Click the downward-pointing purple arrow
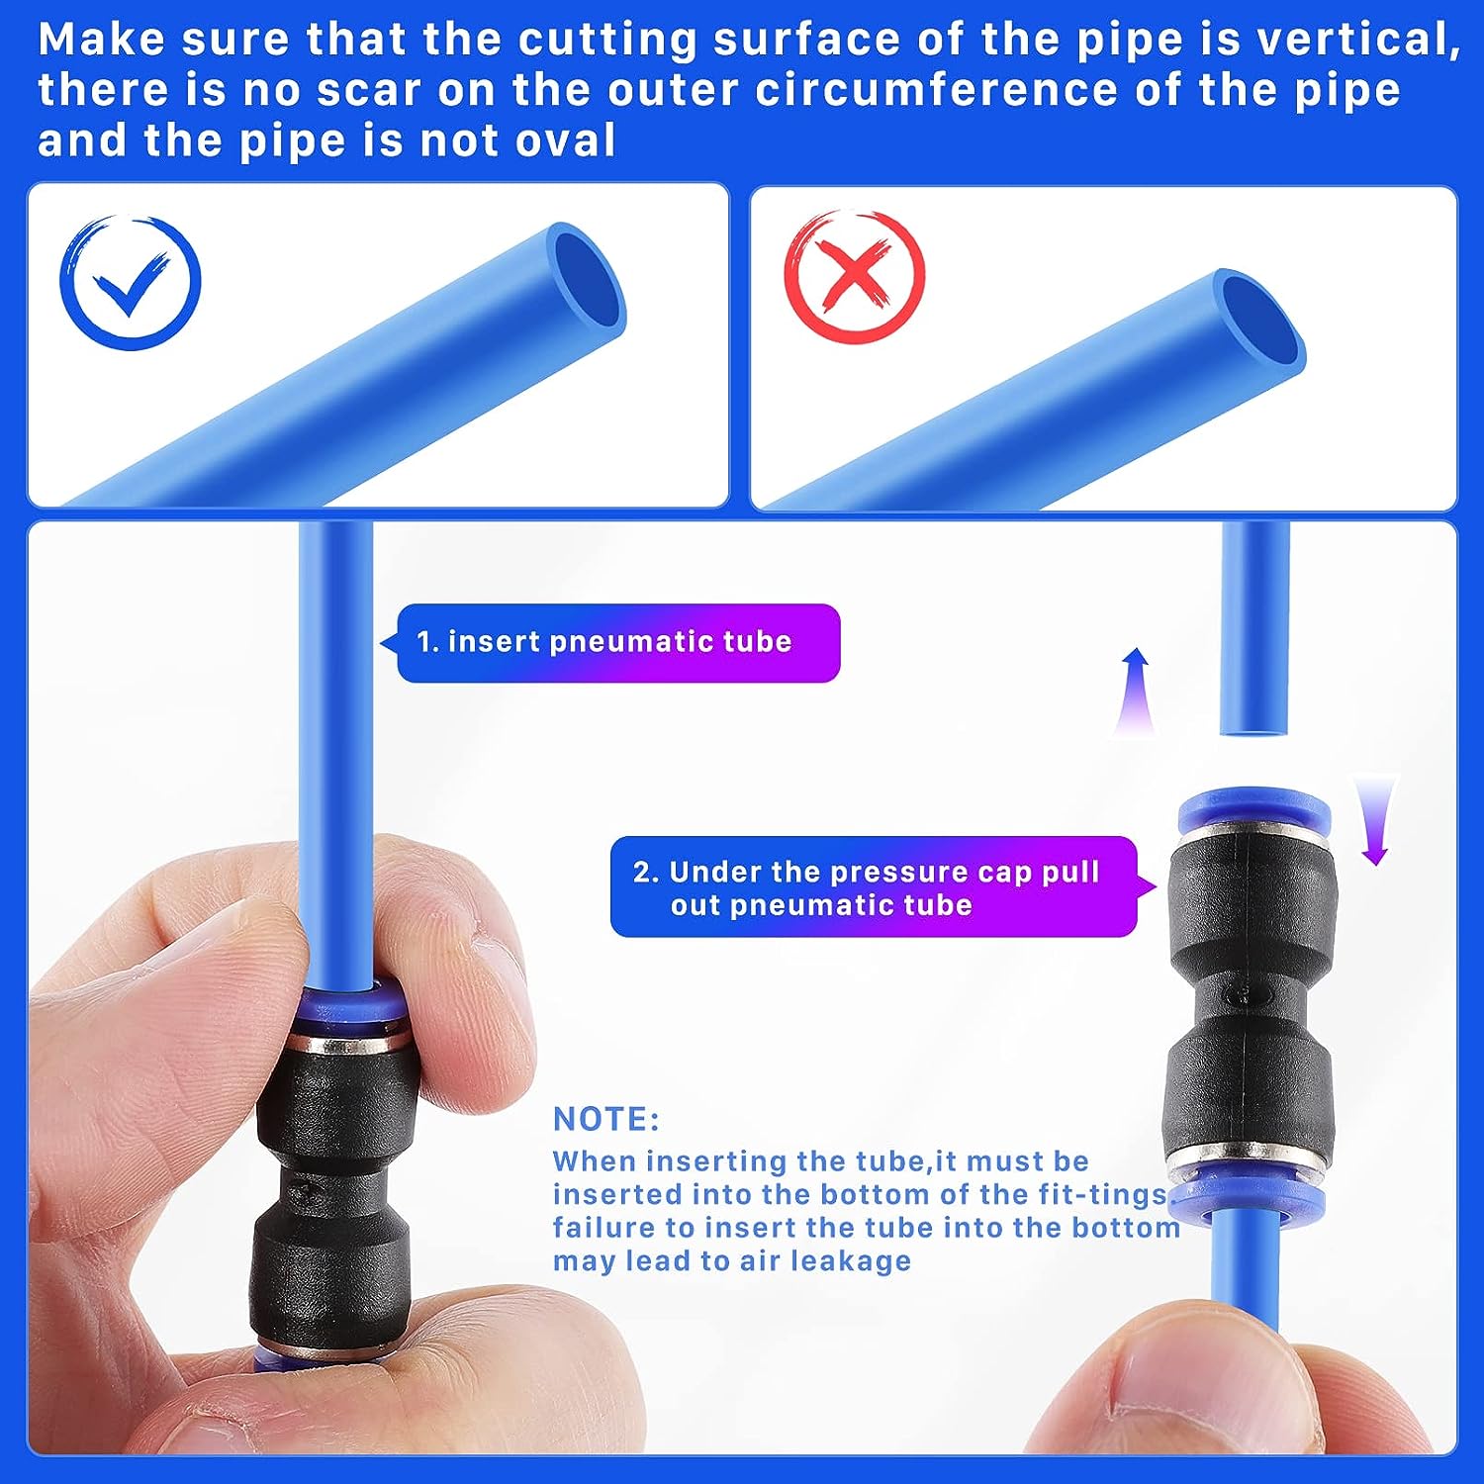tap(1375, 820)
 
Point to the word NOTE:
tap(605, 1119)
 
